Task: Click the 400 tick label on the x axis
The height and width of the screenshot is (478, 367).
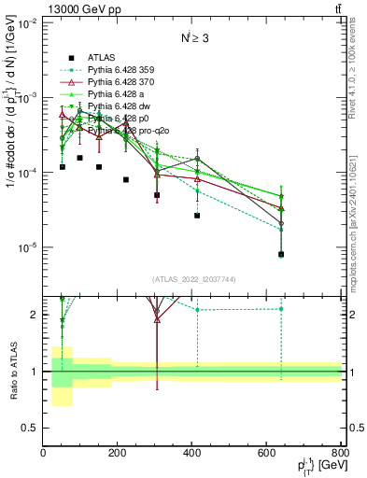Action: (x=192, y=453)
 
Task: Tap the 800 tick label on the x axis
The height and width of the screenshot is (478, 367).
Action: (x=339, y=453)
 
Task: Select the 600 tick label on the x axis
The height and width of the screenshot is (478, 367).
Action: (x=267, y=453)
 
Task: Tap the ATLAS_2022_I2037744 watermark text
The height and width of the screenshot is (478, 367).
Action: (x=192, y=279)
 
